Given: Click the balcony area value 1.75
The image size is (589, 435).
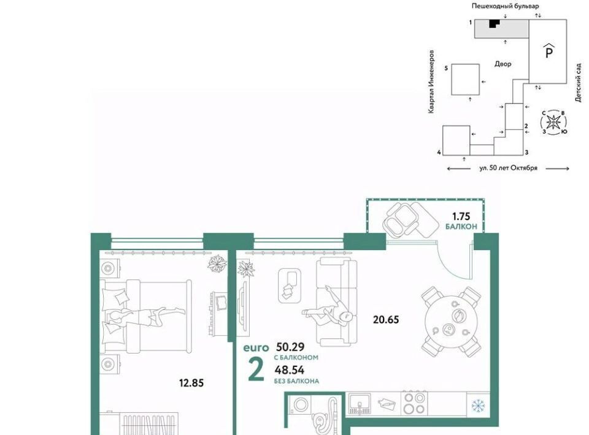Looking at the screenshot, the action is tap(461, 216).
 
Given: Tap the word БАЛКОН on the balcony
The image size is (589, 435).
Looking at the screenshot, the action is tap(461, 227).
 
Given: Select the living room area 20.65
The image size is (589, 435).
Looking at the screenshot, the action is tap(386, 319).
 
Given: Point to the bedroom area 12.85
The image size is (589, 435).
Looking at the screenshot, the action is tap(191, 383).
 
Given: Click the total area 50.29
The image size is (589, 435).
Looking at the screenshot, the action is tap(290, 346).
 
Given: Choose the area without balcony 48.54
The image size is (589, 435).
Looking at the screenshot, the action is tap(289, 370).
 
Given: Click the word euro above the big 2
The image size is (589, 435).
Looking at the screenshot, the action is tap(256, 347).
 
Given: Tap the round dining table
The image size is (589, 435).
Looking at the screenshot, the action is tap(451, 322).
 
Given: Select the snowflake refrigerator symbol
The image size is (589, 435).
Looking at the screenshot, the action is tap(478, 405).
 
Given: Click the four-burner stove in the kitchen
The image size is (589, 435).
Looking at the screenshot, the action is tap(414, 403).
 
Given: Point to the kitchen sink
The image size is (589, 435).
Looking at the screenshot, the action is tap(359, 404).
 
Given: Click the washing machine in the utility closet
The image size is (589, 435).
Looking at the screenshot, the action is tap(300, 404).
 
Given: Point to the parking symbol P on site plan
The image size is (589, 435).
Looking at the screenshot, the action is tap(549, 51).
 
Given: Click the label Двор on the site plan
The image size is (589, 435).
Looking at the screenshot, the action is tap(502, 64).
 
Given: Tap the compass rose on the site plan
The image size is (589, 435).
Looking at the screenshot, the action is tap(553, 122).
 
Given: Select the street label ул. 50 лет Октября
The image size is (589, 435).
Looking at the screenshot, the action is tap(508, 168).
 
